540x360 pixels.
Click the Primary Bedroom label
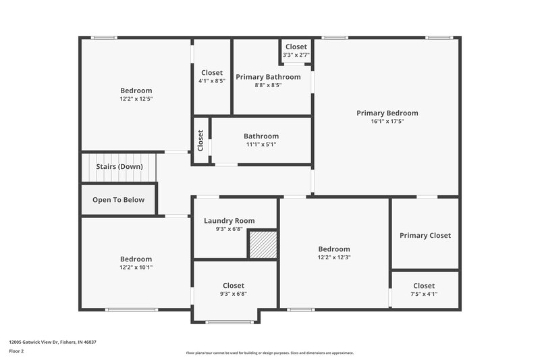(387, 113)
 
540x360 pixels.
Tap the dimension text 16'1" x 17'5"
(387, 122)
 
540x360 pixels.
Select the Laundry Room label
(230, 220)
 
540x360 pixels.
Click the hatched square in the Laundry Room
(262, 245)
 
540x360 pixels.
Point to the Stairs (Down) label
(119, 166)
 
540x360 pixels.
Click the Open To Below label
(119, 199)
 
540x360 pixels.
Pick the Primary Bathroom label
(268, 77)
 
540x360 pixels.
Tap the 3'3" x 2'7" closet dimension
(296, 55)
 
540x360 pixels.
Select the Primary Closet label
(425, 235)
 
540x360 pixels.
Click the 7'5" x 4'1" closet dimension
(424, 294)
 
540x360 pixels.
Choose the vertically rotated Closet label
(200, 140)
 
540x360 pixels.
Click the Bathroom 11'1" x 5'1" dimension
(261, 145)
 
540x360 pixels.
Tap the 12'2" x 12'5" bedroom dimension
(136, 99)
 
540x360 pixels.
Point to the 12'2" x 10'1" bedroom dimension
(136, 267)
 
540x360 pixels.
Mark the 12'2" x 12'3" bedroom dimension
(334, 257)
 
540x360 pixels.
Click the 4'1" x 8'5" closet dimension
(212, 81)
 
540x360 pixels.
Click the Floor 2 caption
(16, 351)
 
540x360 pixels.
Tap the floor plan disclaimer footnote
(270, 353)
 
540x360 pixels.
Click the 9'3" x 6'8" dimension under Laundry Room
(230, 228)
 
